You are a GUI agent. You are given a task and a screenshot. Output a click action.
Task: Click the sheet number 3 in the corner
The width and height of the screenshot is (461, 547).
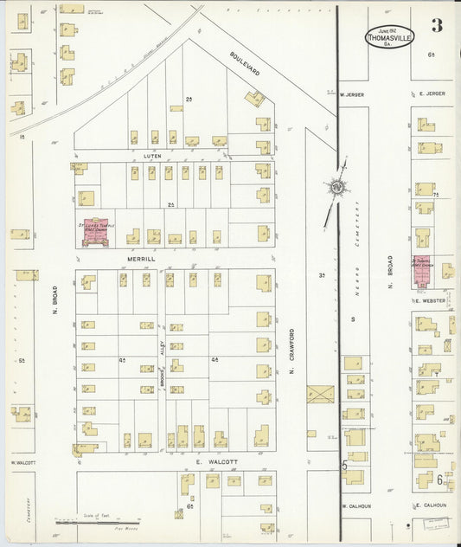click(x=437, y=25)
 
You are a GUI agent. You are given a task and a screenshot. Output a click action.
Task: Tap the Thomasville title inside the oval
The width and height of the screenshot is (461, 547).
click(x=390, y=36)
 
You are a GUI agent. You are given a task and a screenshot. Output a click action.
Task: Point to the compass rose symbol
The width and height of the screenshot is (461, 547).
click(x=336, y=185)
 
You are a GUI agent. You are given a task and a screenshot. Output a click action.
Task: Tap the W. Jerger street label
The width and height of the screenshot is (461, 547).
click(x=353, y=94)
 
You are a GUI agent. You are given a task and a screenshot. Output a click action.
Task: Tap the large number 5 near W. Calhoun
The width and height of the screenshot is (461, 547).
click(x=343, y=468)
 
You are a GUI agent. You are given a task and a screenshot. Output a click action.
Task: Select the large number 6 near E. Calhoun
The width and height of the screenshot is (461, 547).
click(x=439, y=479)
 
